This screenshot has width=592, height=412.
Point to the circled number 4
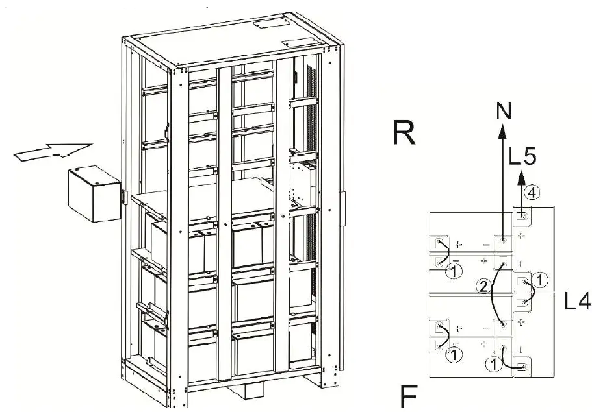(531, 192)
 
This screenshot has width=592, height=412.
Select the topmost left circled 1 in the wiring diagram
(455, 269)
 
